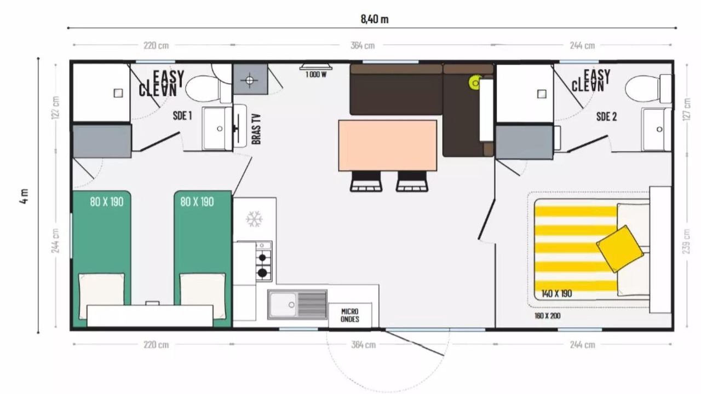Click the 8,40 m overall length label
point(375,19)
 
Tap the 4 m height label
point(25,196)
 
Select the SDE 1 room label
point(182,115)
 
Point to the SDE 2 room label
point(606,117)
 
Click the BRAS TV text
point(256,129)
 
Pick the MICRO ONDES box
point(350,315)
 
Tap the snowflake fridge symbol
point(254,219)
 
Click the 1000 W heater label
point(316,74)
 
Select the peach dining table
point(388,146)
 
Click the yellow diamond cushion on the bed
point(620,249)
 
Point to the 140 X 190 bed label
point(556,293)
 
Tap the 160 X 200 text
point(547,316)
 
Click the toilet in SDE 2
point(648,89)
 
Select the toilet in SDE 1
point(208,89)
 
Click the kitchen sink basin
point(283,305)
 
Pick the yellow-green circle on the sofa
point(475,83)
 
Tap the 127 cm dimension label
point(687,109)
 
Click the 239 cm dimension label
point(687,241)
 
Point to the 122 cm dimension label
point(56,108)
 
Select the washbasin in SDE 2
point(657,130)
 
